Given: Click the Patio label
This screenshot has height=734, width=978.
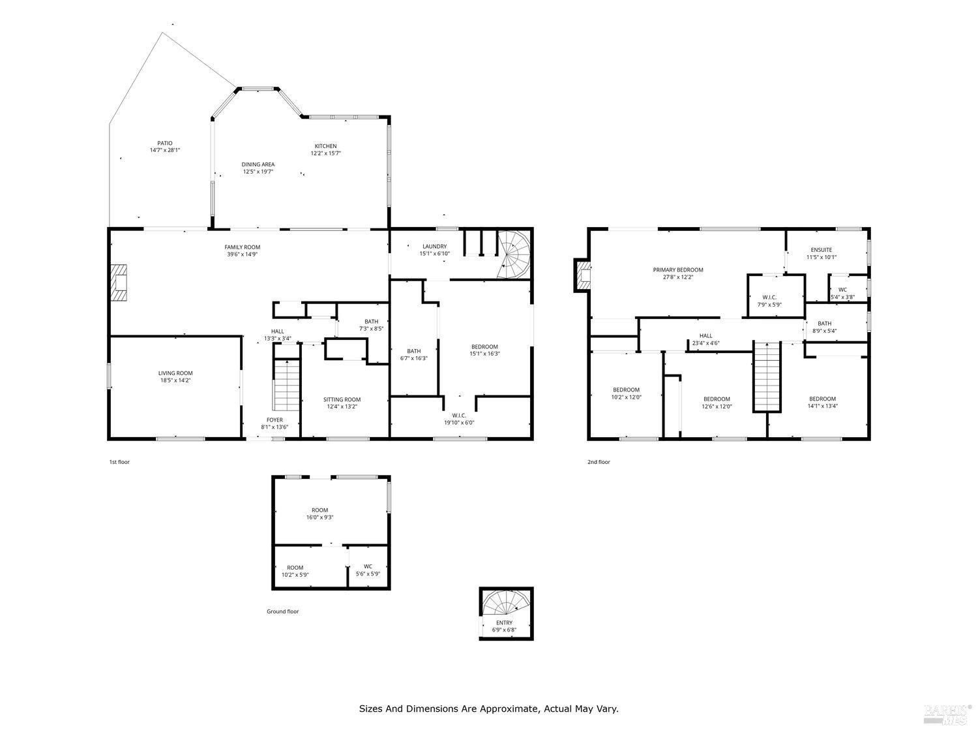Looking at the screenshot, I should [164, 144].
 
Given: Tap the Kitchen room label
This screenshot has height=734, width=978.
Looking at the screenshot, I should [325, 146].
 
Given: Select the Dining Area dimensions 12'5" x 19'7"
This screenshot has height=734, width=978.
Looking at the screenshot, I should [258, 172].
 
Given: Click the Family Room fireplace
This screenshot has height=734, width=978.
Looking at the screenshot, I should [119, 283].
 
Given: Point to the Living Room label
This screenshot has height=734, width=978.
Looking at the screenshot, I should [175, 373].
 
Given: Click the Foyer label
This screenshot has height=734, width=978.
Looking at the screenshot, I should [274, 420].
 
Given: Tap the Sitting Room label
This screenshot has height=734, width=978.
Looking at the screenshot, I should [342, 399].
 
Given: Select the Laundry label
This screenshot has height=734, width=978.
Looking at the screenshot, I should [434, 246].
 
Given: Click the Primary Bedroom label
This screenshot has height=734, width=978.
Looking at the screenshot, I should [678, 269].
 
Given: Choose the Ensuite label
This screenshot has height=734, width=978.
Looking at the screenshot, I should [821, 250].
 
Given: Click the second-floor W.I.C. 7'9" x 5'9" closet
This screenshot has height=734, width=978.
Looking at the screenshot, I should [775, 300].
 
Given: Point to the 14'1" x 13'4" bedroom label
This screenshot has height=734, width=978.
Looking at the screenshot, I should [822, 399].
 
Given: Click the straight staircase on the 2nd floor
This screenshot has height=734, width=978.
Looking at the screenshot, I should [767, 376].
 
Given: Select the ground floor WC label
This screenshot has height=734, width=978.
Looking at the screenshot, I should [368, 566].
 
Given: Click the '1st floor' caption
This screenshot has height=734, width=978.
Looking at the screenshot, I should [119, 462].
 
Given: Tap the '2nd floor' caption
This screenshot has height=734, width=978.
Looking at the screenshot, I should [599, 462].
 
